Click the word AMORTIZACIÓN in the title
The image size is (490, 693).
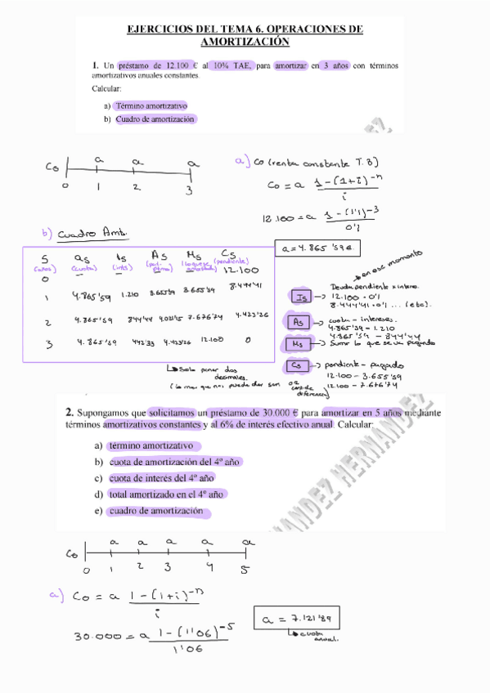point(245,42)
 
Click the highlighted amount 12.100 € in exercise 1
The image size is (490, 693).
point(179,65)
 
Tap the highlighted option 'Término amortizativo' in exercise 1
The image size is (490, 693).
point(151,106)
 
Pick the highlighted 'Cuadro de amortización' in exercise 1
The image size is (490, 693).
point(155,119)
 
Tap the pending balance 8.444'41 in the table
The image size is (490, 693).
point(242,286)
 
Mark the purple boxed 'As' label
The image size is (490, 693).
point(299,322)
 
